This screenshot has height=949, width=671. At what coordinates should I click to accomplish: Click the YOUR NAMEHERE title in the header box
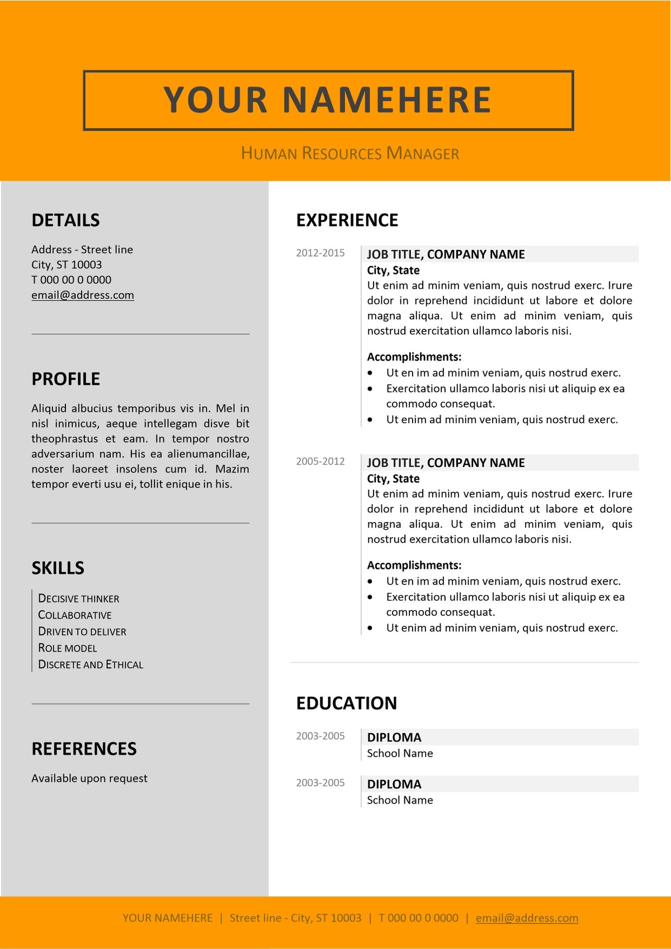(x=328, y=100)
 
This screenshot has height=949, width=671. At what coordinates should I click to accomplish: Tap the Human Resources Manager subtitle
(x=350, y=153)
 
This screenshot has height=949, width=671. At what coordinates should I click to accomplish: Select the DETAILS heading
(x=65, y=220)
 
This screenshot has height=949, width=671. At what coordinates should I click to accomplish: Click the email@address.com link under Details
(x=83, y=295)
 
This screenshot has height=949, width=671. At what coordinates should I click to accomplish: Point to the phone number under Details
(x=71, y=280)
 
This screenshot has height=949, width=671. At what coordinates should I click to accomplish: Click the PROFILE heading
(x=65, y=379)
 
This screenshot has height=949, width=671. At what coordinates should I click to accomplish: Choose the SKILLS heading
(x=58, y=568)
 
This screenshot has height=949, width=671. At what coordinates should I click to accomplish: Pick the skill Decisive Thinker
(x=78, y=598)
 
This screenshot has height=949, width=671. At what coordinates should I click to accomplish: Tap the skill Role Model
(x=67, y=648)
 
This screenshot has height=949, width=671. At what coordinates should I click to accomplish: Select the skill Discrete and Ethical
(x=91, y=665)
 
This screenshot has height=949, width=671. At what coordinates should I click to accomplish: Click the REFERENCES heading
(x=84, y=749)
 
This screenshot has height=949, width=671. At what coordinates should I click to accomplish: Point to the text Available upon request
(x=89, y=778)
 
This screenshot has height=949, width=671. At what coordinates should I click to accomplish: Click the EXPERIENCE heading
(x=347, y=220)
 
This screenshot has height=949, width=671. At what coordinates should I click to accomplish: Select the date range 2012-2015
(x=320, y=253)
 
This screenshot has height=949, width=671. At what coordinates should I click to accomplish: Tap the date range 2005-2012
(x=320, y=461)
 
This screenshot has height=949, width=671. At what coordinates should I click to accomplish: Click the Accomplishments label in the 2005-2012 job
(x=414, y=565)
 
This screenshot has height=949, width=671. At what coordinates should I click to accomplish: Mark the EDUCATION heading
(x=347, y=703)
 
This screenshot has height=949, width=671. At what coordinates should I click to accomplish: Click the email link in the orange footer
(x=527, y=918)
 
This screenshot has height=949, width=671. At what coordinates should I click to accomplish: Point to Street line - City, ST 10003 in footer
(x=295, y=918)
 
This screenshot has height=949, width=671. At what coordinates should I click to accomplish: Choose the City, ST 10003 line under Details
(x=67, y=265)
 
